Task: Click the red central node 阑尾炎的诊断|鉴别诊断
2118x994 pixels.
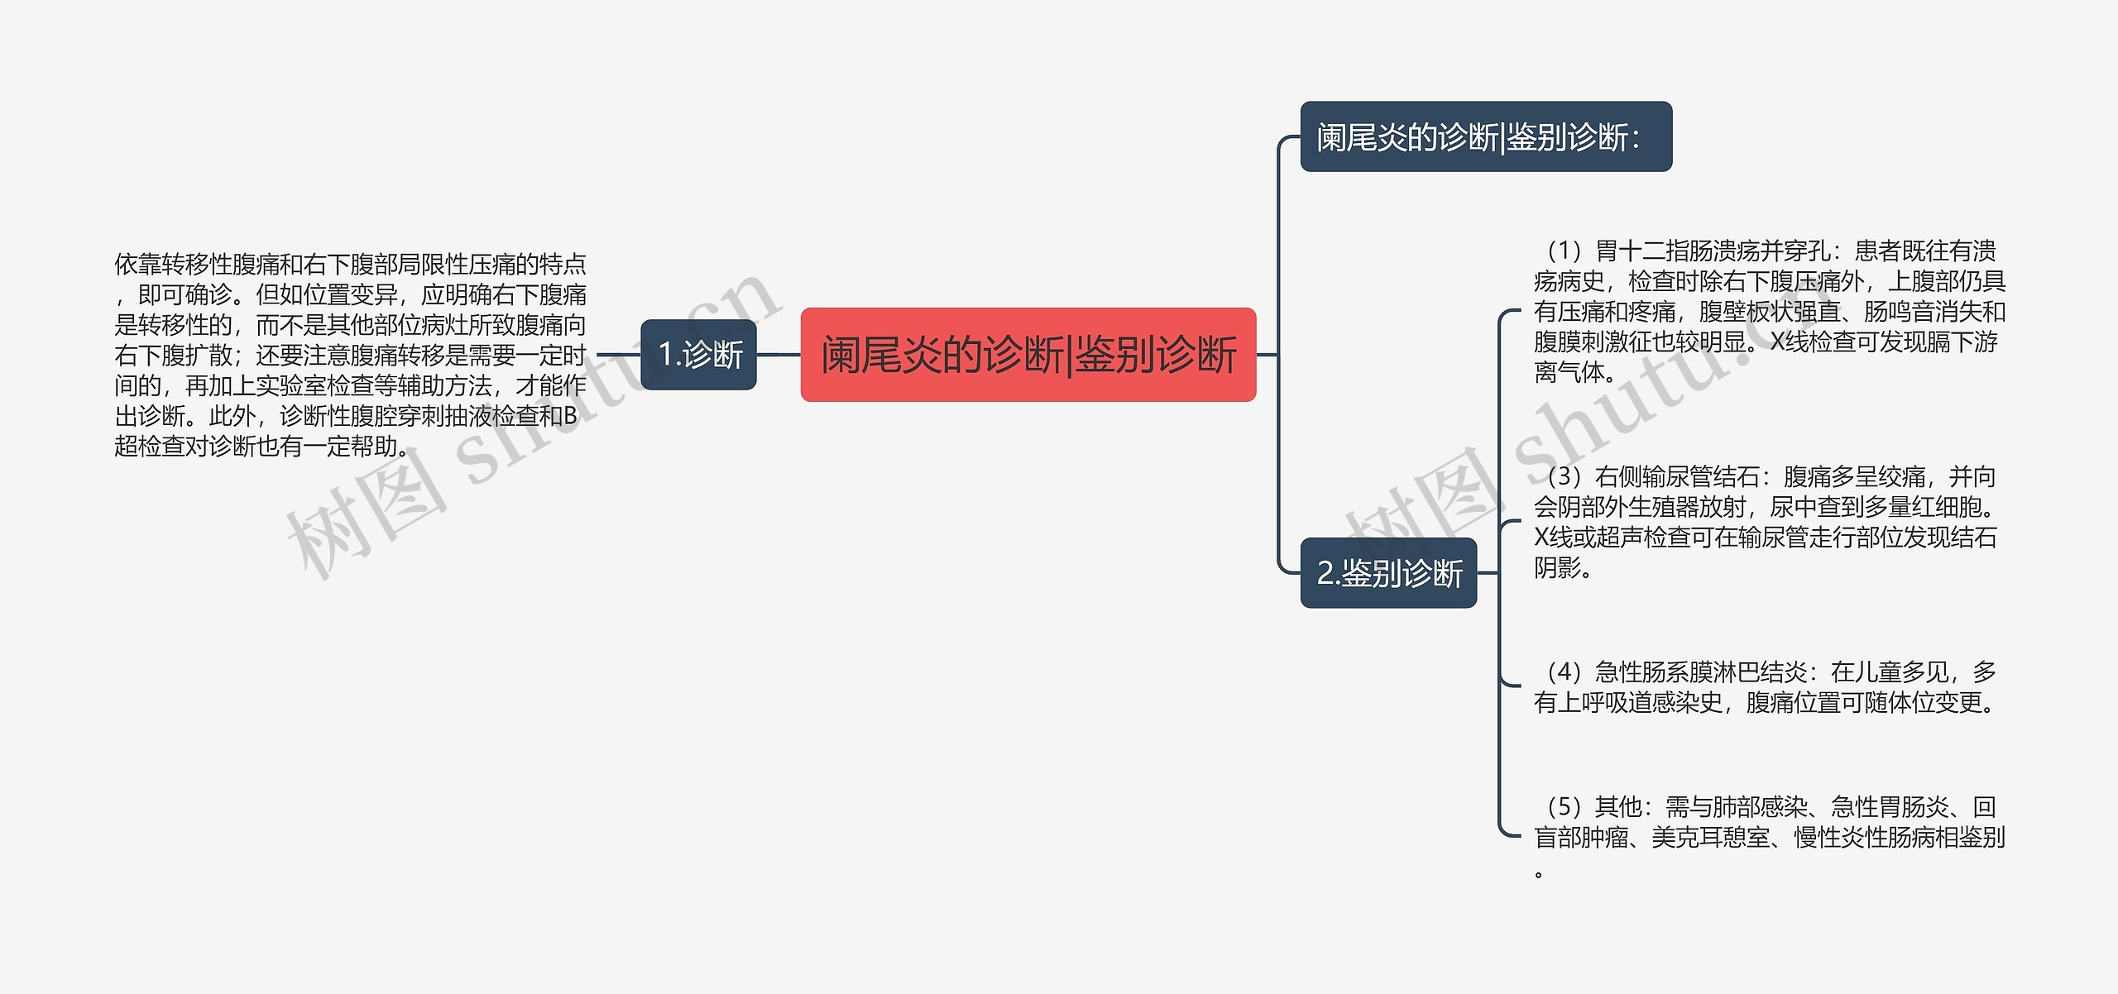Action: pyautogui.click(x=1028, y=355)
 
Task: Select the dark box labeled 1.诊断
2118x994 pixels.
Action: pyautogui.click(x=699, y=355)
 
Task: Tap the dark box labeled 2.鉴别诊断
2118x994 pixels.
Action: pyautogui.click(x=1388, y=573)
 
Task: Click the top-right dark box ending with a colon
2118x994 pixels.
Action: pyautogui.click(x=1486, y=137)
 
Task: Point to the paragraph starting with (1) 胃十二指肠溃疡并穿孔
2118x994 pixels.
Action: pyautogui.click(x=1769, y=312)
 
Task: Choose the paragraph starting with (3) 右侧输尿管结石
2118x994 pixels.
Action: pyautogui.click(x=1766, y=522)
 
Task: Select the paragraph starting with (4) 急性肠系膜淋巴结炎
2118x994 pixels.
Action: pyautogui.click(x=1766, y=686)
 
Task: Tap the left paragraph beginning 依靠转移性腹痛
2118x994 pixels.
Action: pyautogui.click(x=350, y=355)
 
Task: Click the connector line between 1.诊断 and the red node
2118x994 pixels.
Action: pyautogui.click(x=779, y=355)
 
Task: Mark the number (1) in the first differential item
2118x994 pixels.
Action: pyautogui.click(x=1564, y=251)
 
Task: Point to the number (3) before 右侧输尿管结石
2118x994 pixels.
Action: pyautogui.click(x=1564, y=477)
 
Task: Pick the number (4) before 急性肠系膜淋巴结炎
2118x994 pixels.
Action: pyautogui.click(x=1564, y=671)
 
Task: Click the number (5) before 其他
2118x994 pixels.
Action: pyautogui.click(x=1564, y=806)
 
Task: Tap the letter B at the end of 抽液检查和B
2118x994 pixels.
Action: pyautogui.click(x=569, y=416)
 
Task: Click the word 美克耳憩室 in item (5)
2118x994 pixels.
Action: pyautogui.click(x=1710, y=838)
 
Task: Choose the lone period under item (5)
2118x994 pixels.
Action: pyautogui.click(x=1539, y=873)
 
